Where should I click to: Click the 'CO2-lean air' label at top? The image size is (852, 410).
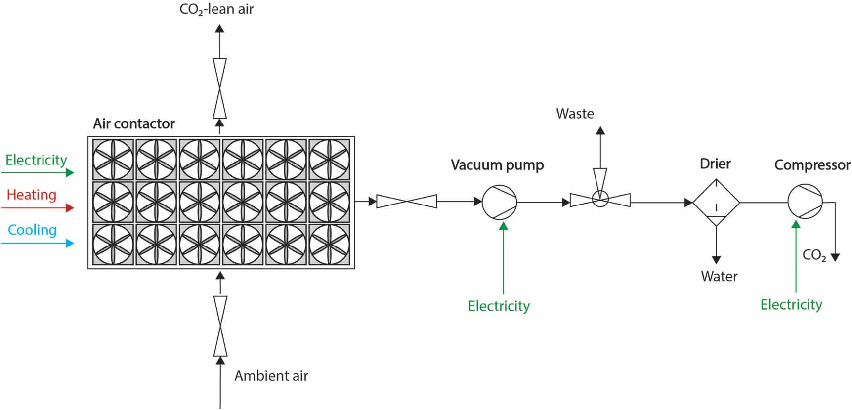click(216, 9)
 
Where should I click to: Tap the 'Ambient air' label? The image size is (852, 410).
click(271, 376)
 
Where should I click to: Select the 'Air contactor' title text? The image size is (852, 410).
click(134, 123)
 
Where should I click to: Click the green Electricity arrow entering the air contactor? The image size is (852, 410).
click(38, 172)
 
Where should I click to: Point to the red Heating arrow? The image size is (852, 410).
click(38, 208)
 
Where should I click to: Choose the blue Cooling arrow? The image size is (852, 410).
click(38, 243)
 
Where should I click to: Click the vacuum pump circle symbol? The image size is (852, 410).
click(499, 202)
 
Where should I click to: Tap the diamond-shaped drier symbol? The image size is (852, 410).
click(716, 203)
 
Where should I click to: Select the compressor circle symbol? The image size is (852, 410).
click(805, 202)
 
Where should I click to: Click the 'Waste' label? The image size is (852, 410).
click(575, 114)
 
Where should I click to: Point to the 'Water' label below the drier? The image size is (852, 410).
click(719, 276)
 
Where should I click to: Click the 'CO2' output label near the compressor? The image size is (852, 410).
click(814, 255)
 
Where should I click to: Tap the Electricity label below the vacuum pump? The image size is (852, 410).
click(499, 306)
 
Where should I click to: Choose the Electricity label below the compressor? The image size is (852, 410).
click(791, 305)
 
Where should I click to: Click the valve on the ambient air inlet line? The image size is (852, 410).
click(220, 326)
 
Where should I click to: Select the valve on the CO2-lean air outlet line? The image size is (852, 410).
click(219, 88)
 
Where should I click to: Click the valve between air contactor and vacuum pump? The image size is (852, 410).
click(407, 201)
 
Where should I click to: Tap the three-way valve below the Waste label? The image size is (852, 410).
click(600, 199)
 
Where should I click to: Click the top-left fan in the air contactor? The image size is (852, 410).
click(113, 159)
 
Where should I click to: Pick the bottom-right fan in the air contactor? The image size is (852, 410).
click(329, 245)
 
